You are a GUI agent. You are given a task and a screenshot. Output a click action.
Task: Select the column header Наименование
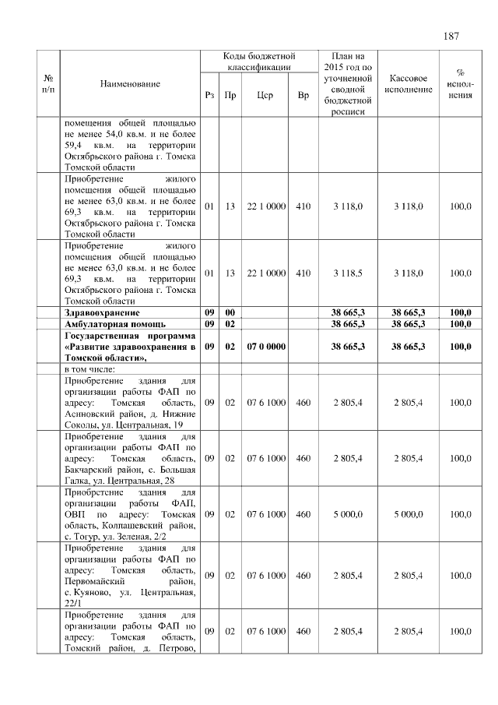(130, 83)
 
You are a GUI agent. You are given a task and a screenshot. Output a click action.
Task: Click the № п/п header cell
(49, 83)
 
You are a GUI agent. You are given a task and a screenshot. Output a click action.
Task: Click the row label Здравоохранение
(96, 312)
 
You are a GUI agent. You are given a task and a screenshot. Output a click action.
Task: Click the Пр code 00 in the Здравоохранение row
(230, 312)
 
